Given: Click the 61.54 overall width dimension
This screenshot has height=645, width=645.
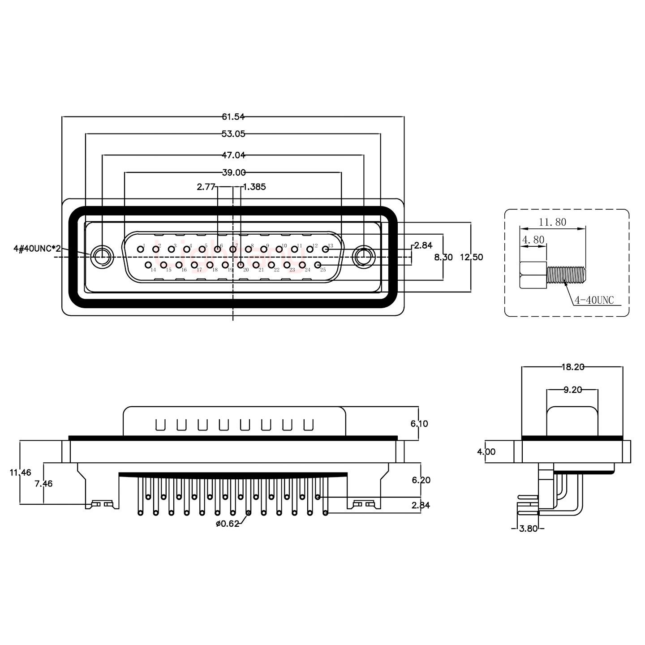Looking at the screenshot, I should click(x=233, y=117).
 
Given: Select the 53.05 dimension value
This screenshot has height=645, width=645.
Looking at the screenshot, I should click(x=233, y=133).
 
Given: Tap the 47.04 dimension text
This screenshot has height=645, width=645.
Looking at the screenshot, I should click(x=233, y=155).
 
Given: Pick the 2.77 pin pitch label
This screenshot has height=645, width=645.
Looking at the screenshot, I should click(x=206, y=187).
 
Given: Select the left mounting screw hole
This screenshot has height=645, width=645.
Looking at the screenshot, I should click(x=102, y=258).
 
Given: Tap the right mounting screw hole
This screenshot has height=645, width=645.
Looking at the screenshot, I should click(x=363, y=258).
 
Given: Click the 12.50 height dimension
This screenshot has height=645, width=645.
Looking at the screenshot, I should click(x=471, y=258).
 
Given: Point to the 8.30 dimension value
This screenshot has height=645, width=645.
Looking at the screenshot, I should click(x=443, y=258).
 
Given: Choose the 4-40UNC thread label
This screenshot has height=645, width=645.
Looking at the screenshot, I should click(x=594, y=301).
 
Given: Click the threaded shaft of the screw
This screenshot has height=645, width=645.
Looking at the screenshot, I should click(x=566, y=275).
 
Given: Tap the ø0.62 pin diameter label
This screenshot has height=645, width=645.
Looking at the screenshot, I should click(x=227, y=524).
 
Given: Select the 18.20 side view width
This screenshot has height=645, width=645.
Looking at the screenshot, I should click(x=572, y=367).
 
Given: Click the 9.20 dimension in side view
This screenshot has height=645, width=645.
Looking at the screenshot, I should click(x=572, y=390).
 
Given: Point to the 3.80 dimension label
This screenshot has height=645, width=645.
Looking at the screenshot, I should click(x=528, y=529).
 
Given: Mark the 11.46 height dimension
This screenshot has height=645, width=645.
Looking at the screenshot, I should click(x=20, y=472).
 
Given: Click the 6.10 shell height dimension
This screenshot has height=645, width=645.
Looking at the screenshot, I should click(x=419, y=424).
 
